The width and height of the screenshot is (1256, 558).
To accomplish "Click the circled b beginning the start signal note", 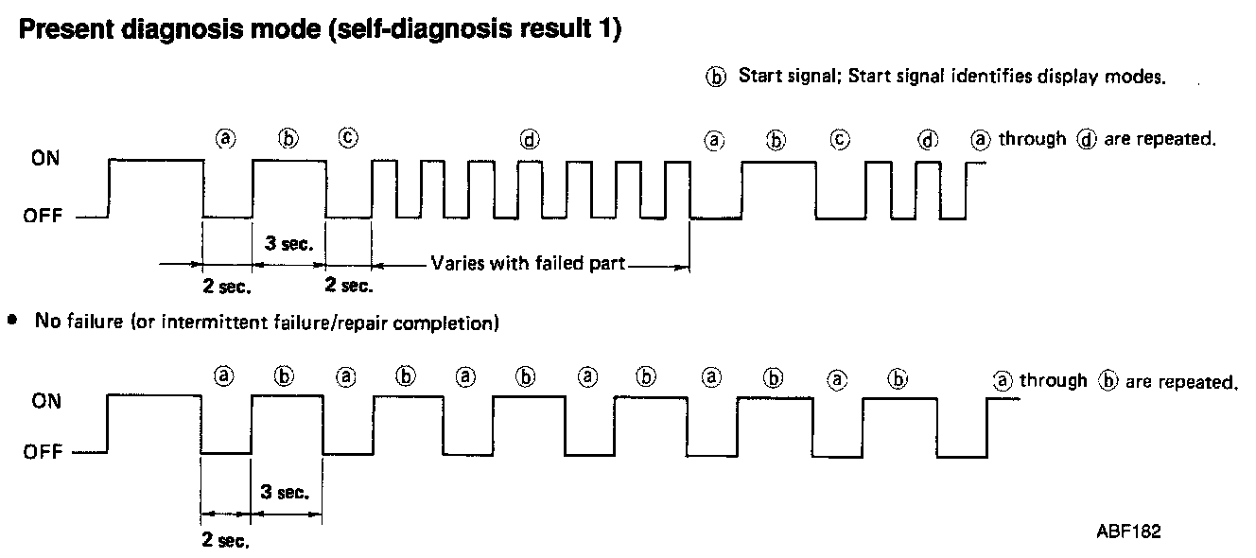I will pos(717,78).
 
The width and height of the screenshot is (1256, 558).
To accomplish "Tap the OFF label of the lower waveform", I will pos(44,452).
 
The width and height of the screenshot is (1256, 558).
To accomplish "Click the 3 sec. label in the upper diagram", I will pos(287,243).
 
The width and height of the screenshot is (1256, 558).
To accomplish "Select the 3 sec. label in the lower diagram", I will pos(287,492).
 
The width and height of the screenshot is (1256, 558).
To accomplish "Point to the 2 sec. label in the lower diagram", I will pos(226,541).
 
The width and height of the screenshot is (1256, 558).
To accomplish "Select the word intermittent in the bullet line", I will pos(204,323).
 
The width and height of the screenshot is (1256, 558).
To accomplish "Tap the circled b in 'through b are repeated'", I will pos(1108,381).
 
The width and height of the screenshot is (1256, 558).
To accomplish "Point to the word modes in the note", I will pos(1142,77).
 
